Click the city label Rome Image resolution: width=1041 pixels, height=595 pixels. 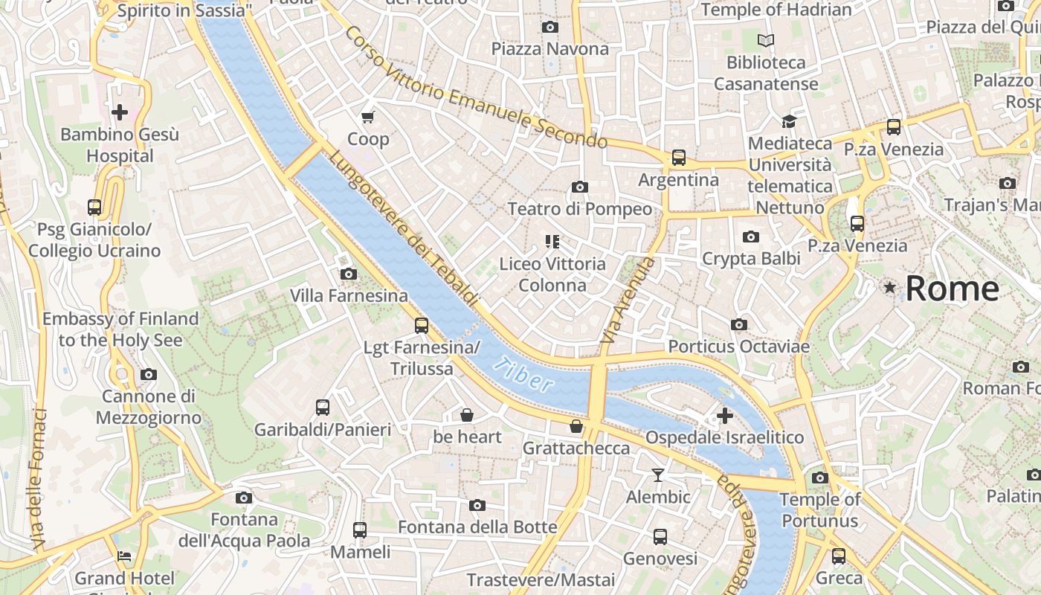[952, 289]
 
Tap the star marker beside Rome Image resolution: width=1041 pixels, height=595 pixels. [889, 287]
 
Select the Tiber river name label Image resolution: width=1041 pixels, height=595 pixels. [526, 374]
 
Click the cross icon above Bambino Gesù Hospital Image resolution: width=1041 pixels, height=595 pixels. [119, 112]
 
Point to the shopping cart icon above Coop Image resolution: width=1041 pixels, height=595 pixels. [367, 117]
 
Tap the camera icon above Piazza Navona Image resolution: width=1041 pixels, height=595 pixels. [550, 28]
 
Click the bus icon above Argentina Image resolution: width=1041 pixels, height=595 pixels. [679, 158]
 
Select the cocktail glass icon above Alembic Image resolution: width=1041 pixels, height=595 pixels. [658, 475]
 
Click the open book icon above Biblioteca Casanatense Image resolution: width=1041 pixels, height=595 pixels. [766, 40]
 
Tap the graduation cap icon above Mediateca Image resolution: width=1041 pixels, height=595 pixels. [788, 121]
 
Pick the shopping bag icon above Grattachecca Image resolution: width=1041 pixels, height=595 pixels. [576, 426]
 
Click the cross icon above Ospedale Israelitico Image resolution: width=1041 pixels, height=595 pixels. [725, 416]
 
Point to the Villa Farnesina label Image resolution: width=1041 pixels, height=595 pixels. [349, 296]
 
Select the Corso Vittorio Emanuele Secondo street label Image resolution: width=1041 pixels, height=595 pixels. [476, 87]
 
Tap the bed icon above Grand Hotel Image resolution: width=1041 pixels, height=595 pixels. [124, 556]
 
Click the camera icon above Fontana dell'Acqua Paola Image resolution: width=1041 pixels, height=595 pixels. [243, 498]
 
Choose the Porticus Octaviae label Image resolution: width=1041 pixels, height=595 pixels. [738, 347]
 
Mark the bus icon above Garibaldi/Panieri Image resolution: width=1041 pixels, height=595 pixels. [323, 408]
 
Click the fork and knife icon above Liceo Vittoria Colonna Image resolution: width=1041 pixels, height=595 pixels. [552, 241]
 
